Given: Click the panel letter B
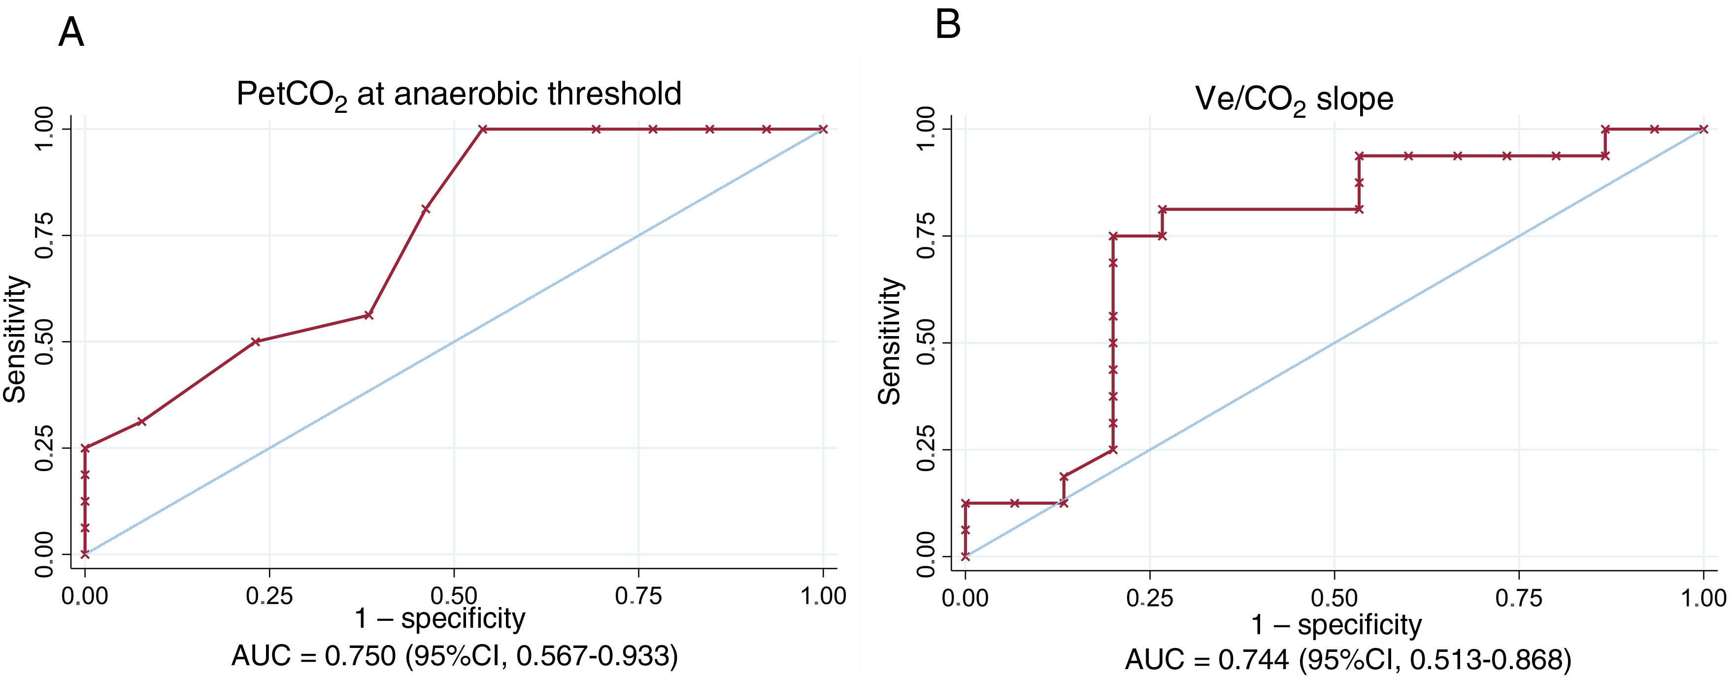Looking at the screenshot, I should pos(948,25).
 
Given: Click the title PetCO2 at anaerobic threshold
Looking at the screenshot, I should pos(459,94).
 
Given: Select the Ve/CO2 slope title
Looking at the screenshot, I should pos(1293,100).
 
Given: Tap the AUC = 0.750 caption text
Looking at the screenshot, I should pos(454,656).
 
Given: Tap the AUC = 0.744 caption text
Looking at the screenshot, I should pos(1348,660).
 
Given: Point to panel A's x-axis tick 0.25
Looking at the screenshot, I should pos(269,596).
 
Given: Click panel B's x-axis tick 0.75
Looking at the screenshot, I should pos(1519,598).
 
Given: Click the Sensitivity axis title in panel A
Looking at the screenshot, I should pos(15,340).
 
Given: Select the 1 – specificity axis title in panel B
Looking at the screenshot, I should pos(1335,625).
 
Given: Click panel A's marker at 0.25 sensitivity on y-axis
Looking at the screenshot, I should pos(85,448).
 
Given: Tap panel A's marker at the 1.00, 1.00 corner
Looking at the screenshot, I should pos(823,129).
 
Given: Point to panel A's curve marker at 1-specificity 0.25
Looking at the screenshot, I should pos(256,341).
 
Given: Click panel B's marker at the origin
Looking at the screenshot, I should pos(966,556).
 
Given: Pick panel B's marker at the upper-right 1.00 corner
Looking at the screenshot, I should pos(1703,129).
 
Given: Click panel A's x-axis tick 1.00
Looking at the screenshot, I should pos(823,596).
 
